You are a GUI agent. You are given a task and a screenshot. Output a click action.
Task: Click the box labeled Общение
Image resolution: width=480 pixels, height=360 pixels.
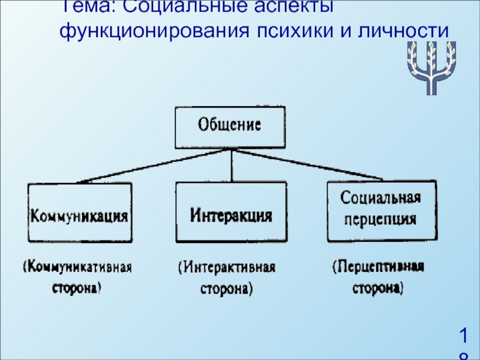(x=230, y=127)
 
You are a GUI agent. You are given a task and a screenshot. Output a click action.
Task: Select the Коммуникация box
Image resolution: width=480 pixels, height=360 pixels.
(x=80, y=212)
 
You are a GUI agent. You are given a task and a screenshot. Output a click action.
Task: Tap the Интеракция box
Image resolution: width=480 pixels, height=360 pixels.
(x=231, y=212)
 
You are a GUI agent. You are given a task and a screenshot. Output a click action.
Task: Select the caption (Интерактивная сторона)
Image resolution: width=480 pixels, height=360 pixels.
(x=227, y=277)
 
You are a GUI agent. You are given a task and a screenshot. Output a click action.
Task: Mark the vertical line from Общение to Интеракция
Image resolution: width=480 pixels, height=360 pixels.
(x=232, y=166)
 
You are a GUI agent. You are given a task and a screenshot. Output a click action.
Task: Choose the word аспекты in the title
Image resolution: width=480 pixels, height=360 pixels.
(x=283, y=7)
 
